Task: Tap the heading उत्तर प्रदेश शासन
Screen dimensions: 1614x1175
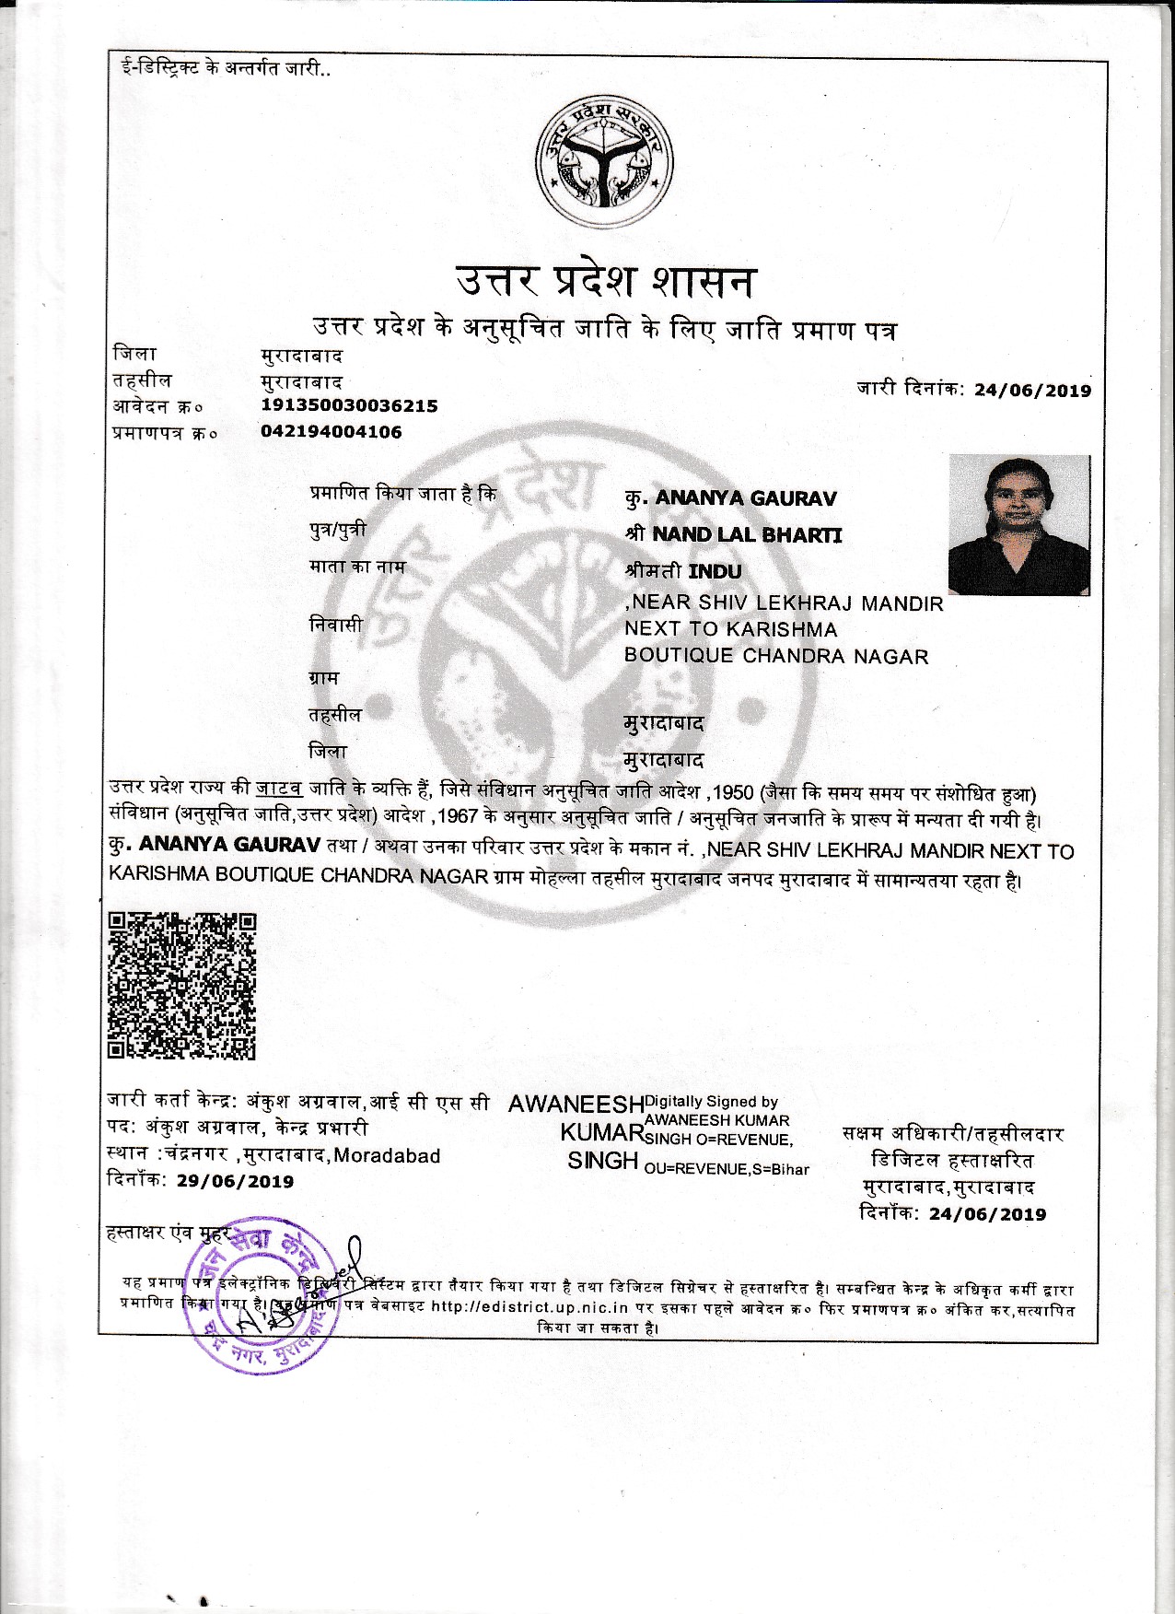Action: point(605,281)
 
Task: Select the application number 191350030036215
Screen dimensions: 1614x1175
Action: point(349,405)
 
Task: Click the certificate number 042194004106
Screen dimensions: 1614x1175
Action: point(332,432)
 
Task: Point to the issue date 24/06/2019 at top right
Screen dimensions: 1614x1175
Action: point(1032,390)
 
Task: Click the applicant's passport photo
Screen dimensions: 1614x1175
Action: point(1018,525)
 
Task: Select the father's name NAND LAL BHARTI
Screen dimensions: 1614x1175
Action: point(747,534)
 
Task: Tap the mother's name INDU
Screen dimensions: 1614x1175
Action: point(715,571)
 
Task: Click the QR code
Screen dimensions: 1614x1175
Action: point(181,986)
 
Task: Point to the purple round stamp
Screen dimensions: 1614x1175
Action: point(262,1294)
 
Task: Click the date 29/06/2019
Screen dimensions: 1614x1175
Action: point(235,1182)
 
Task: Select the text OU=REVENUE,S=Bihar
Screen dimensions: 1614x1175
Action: point(727,1169)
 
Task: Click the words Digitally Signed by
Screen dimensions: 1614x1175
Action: point(711,1101)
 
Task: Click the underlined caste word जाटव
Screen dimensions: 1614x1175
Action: point(279,789)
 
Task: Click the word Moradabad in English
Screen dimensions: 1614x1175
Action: point(387,1155)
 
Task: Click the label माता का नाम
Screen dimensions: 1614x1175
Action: point(356,567)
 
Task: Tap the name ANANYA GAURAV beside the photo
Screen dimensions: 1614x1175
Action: point(746,498)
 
